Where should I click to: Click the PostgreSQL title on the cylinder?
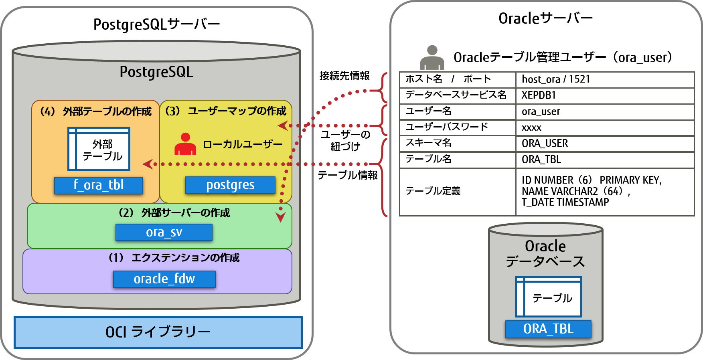click(x=156, y=72)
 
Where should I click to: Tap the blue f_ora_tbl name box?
click(x=99, y=185)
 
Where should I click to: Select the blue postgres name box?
click(x=230, y=185)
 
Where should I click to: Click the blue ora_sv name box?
click(x=164, y=233)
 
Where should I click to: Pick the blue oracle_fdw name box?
click(x=164, y=279)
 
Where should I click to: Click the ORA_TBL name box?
click(x=548, y=329)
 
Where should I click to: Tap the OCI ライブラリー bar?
click(x=158, y=332)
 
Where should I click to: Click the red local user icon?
click(x=185, y=144)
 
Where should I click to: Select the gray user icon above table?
click(x=432, y=59)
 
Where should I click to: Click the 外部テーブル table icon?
click(x=99, y=149)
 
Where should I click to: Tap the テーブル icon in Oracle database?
click(x=548, y=296)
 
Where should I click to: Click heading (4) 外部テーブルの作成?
click(x=95, y=111)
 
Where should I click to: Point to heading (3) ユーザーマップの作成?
click(x=226, y=111)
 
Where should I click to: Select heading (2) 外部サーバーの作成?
click(x=174, y=212)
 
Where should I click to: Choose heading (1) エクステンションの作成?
click(x=174, y=257)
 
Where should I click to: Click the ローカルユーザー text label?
click(x=243, y=144)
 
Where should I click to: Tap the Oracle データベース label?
click(x=545, y=254)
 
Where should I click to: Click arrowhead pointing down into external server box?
click(x=281, y=217)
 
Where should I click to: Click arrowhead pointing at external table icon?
click(x=148, y=164)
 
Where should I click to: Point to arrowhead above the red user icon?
click(x=283, y=125)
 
